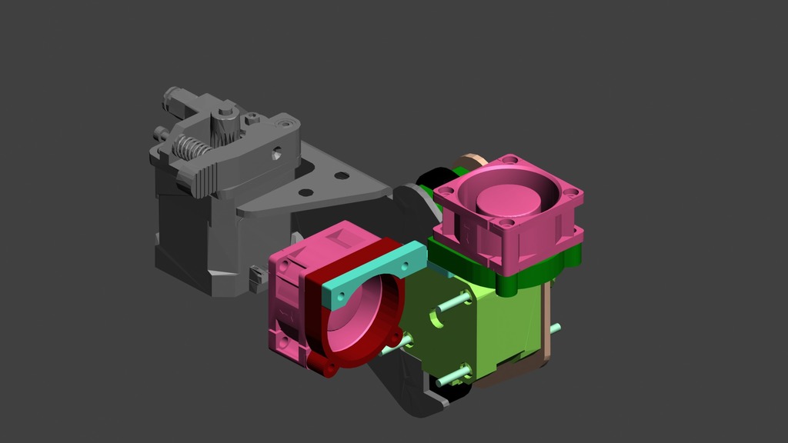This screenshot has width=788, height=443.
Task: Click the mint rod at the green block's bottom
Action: coord(453,378)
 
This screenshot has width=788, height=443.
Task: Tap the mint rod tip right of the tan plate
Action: coord(554,328)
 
